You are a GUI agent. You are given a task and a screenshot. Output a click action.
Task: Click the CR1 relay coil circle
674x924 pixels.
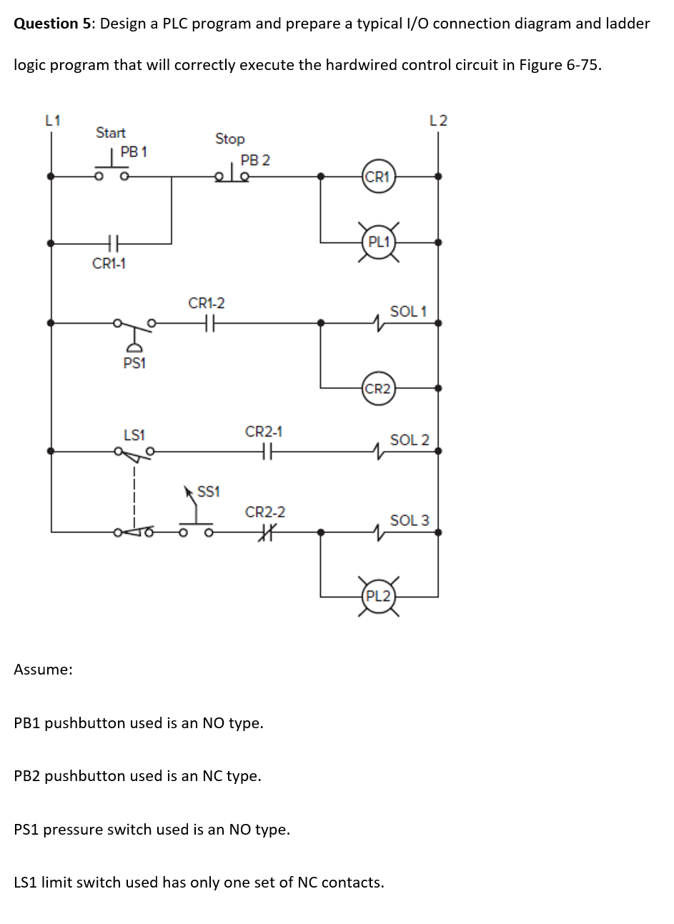(377, 177)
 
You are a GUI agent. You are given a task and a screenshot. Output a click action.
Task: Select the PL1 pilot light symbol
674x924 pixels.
(377, 242)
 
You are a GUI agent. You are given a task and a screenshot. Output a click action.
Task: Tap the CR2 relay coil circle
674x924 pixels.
(377, 389)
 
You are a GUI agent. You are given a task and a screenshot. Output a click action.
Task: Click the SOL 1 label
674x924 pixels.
(408, 311)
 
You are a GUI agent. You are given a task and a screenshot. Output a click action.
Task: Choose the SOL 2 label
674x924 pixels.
(410, 439)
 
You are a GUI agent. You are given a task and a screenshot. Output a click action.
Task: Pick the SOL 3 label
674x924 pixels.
(410, 520)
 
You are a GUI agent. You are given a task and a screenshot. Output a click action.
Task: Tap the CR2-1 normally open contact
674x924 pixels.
(264, 451)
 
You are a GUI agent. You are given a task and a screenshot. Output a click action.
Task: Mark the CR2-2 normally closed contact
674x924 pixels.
(264, 532)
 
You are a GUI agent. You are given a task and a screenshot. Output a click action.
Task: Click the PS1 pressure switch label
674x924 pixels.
(134, 363)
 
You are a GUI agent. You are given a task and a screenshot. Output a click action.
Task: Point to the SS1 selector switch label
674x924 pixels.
(208, 492)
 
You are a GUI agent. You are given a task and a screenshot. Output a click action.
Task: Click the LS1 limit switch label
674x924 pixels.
(134, 434)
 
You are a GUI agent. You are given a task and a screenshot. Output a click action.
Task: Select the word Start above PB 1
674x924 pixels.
(111, 132)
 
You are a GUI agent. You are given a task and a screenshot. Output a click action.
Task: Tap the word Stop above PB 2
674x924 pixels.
(229, 139)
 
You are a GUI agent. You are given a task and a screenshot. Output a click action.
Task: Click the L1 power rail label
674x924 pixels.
(52, 120)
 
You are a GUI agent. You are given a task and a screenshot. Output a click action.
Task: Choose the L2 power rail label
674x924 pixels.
(438, 120)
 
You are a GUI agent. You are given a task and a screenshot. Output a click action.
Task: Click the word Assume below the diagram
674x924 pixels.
(43, 670)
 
